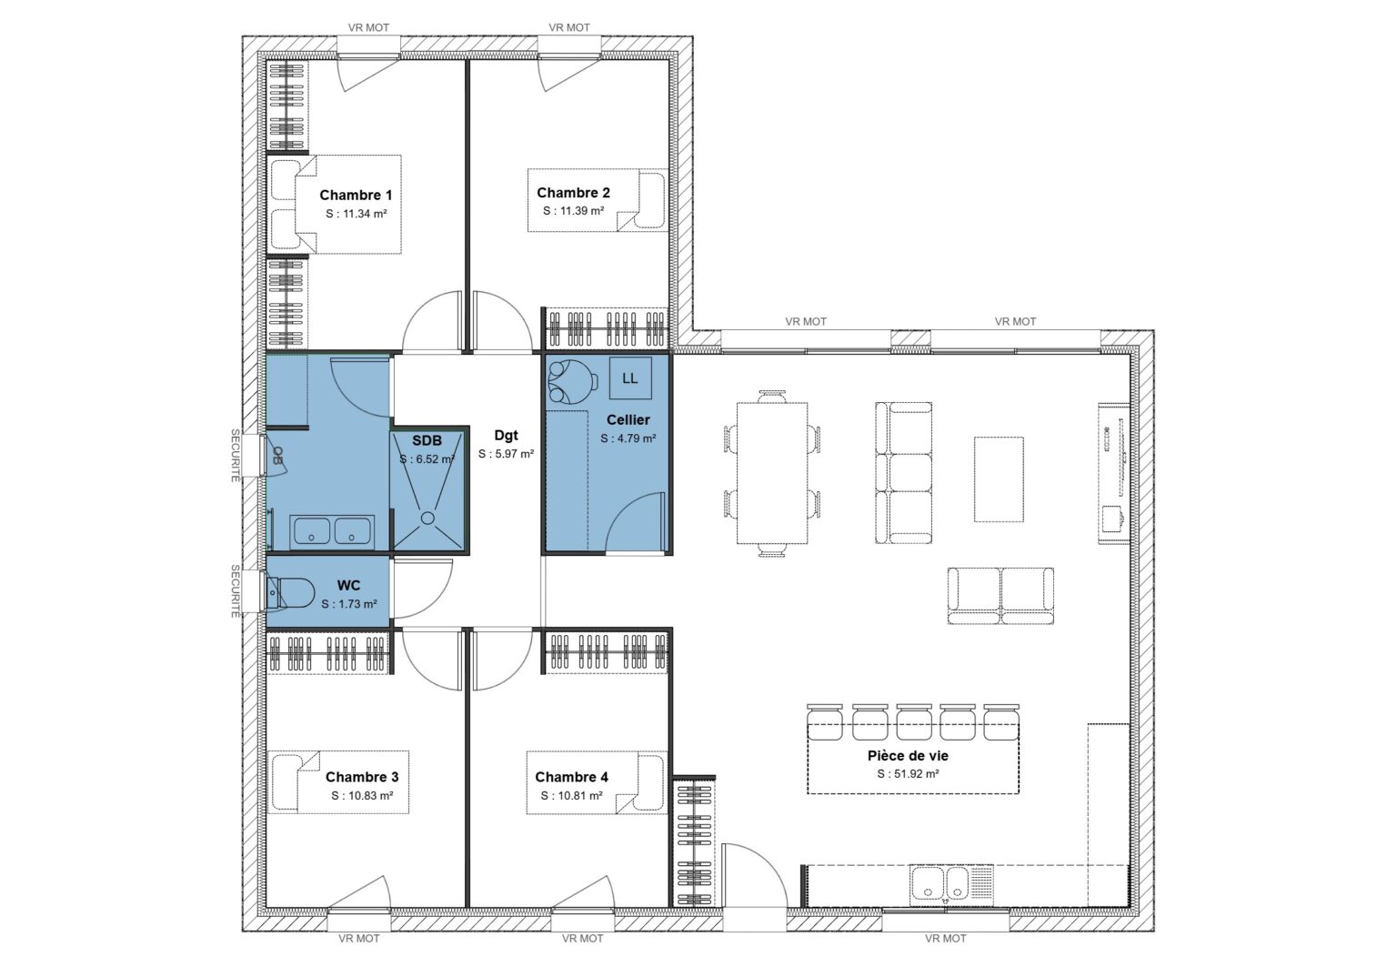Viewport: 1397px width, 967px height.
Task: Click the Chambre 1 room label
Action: [x=356, y=195]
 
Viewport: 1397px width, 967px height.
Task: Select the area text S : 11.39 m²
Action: [x=573, y=211]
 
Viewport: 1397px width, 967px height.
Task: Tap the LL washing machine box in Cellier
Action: [x=629, y=378]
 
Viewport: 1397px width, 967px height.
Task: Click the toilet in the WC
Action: [x=288, y=594]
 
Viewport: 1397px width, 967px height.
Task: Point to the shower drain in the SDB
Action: [x=427, y=519]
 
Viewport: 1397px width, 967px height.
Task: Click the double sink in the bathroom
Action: [x=331, y=531]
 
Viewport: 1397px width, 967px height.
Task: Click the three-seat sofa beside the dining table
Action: [x=904, y=473]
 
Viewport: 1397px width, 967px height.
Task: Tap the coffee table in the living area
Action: [x=999, y=479]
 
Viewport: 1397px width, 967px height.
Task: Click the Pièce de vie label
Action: [x=908, y=755]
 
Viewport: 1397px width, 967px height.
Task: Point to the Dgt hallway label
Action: [x=506, y=436]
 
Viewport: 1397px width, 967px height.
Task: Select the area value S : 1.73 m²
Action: [x=348, y=604]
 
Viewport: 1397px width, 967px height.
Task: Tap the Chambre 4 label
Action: [x=571, y=777]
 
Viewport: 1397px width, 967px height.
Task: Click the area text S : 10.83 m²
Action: [x=362, y=795]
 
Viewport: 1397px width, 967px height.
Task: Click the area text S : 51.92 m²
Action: [x=908, y=774]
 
